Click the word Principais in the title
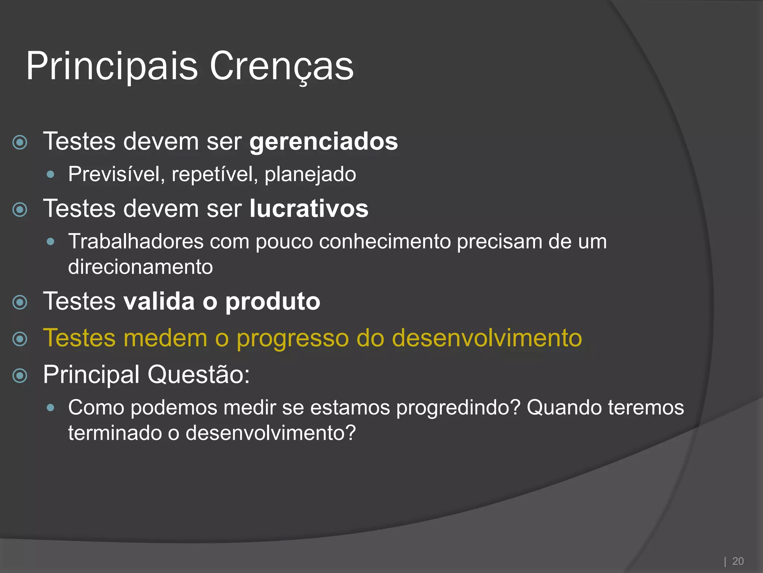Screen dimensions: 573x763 (112, 66)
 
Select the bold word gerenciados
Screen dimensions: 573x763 (323, 142)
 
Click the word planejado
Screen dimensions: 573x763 (310, 174)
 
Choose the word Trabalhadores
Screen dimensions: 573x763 (136, 241)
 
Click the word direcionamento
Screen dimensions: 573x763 (140, 267)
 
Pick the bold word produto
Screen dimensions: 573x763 (273, 301)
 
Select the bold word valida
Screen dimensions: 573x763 (159, 301)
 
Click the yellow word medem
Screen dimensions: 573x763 (165, 338)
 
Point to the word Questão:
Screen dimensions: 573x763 (199, 375)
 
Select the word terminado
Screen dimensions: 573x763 (114, 433)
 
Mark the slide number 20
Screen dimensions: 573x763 (738, 561)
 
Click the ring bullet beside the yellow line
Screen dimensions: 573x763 (20, 339)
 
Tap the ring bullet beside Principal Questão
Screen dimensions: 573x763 (20, 376)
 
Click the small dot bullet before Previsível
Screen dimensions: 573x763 (51, 174)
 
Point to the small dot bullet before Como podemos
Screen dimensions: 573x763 (51, 408)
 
